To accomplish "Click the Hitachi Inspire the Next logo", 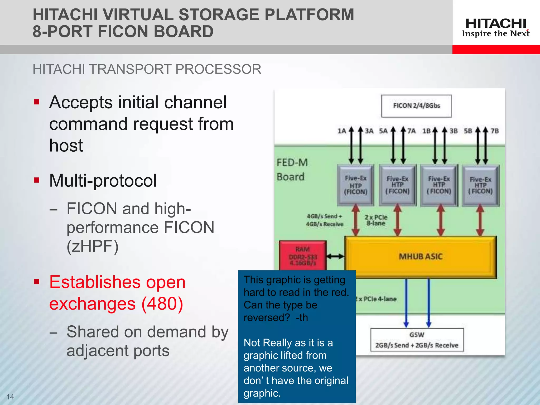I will [x=496, y=27].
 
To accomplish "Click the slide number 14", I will [x=10, y=397].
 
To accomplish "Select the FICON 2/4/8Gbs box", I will [x=417, y=106].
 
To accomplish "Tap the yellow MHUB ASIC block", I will [x=421, y=257].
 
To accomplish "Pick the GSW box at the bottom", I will [x=417, y=340].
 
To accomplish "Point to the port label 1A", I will [x=342, y=131].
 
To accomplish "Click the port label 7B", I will [x=495, y=131].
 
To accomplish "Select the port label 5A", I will [x=383, y=131].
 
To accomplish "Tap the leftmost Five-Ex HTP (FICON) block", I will [x=355, y=185].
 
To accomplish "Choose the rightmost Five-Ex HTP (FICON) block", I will [x=480, y=185].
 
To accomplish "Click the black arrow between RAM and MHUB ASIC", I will [x=335, y=256].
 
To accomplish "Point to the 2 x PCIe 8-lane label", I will [x=376, y=220].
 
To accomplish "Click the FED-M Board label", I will [x=292, y=170].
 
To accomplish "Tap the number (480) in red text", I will [x=162, y=304].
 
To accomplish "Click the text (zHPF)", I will [x=92, y=246].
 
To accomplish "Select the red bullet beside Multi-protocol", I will [x=37, y=180].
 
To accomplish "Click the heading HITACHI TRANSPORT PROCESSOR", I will [x=147, y=69].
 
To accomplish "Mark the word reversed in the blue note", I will [x=266, y=318].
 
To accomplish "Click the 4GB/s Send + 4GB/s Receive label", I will [x=325, y=220].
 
